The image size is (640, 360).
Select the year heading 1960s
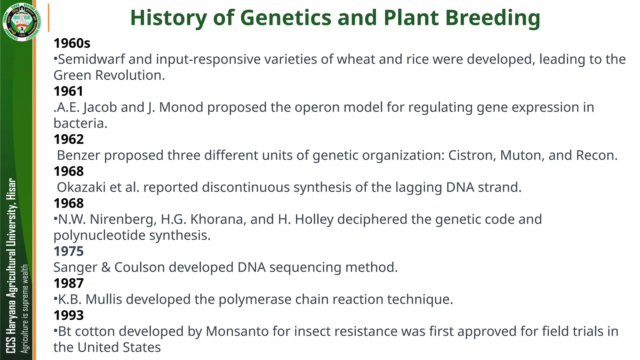point(72,43)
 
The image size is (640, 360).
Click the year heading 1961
point(68,91)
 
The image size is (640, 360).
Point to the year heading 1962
point(68,139)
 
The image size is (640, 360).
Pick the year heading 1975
point(68,251)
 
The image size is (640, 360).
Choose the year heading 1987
point(68,283)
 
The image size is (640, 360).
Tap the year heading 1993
point(68,315)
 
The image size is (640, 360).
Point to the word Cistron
point(472,155)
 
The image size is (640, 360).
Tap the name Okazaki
point(81,187)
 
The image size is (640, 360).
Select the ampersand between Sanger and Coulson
point(106,267)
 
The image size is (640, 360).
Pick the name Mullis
point(103,299)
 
